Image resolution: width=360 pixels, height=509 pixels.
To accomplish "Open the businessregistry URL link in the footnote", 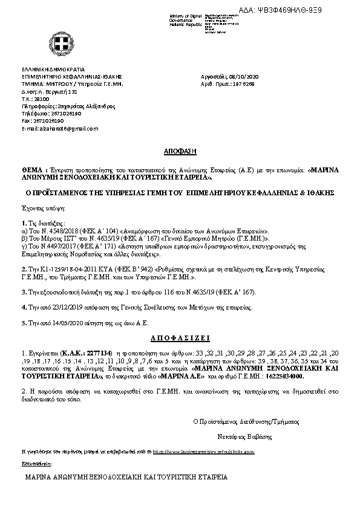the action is coord(203,452).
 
